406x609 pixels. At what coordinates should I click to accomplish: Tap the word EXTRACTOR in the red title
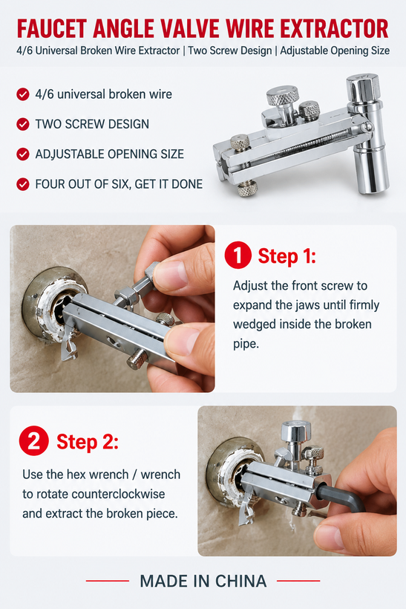coord(334,28)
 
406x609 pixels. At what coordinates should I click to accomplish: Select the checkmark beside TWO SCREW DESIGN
coord(23,124)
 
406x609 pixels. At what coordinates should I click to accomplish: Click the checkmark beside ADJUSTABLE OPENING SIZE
coord(23,154)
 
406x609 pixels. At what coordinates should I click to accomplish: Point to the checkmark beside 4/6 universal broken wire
coord(23,94)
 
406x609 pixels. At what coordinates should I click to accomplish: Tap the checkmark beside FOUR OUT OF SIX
coord(23,183)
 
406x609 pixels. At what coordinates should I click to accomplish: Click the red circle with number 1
coord(238,255)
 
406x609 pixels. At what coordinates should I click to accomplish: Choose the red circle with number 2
coord(33,441)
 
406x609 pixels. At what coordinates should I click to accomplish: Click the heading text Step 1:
coord(287,256)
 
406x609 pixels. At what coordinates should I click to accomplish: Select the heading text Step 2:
coord(88,442)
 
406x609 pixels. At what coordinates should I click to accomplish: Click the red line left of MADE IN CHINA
coord(108,581)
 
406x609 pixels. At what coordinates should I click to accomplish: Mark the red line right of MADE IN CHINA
coord(298,581)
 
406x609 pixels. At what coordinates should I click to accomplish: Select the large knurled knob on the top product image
coord(283,96)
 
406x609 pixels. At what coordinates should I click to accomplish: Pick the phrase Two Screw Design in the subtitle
coord(230,51)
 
